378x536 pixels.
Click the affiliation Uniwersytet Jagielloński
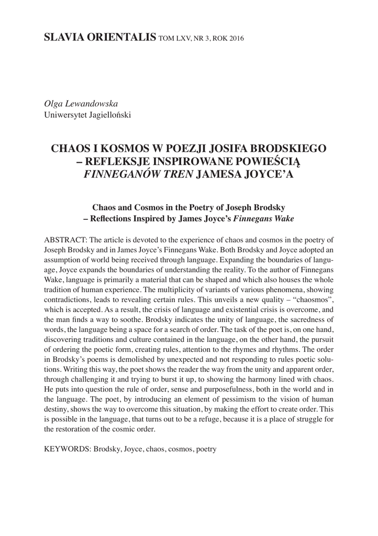[88, 115]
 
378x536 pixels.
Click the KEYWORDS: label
[67, 449]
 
